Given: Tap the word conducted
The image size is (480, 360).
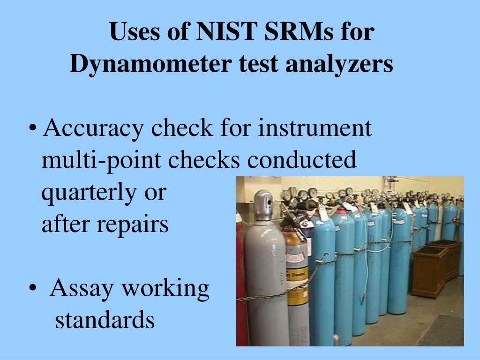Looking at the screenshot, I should click(302, 160).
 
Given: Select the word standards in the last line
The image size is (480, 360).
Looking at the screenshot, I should click(105, 320).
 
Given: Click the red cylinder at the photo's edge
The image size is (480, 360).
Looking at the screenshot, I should click(241, 281).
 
